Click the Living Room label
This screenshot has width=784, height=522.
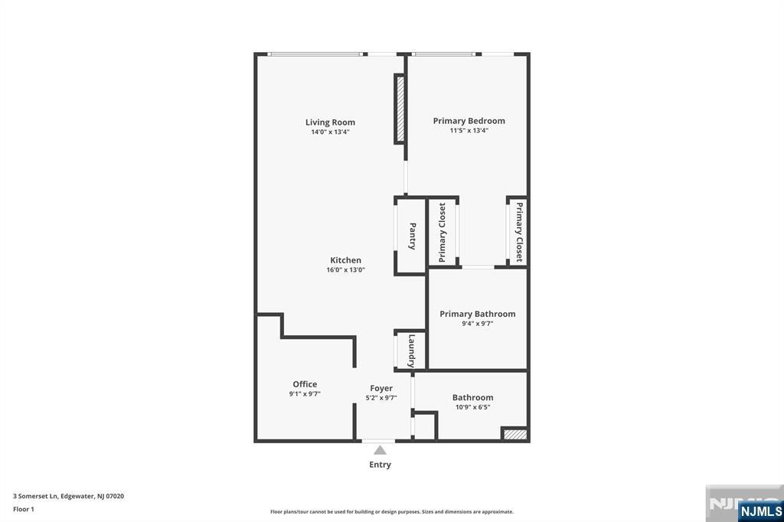(330, 122)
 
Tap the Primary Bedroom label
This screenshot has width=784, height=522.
(469, 121)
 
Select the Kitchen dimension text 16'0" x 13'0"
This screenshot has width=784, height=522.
(345, 269)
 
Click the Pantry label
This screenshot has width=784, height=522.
(412, 236)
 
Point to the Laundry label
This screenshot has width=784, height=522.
(412, 351)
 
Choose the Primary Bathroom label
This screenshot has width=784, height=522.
(477, 314)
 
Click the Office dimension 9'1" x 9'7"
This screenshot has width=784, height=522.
(304, 394)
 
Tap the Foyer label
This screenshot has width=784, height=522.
(381, 388)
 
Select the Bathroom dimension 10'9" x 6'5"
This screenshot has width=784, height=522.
(472, 407)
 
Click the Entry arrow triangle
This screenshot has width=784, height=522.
(380, 450)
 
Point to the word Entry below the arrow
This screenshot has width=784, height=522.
(380, 465)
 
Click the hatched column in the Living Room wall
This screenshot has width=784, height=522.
(399, 109)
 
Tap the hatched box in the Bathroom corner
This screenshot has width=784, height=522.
(514, 435)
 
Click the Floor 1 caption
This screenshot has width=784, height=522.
(24, 508)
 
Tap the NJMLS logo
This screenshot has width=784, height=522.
(759, 511)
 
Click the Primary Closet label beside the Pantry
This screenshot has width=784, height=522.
(443, 232)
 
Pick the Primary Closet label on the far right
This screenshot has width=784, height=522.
(518, 232)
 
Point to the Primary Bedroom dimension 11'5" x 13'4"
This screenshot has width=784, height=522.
(469, 131)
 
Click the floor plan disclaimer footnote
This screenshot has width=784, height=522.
(391, 512)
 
